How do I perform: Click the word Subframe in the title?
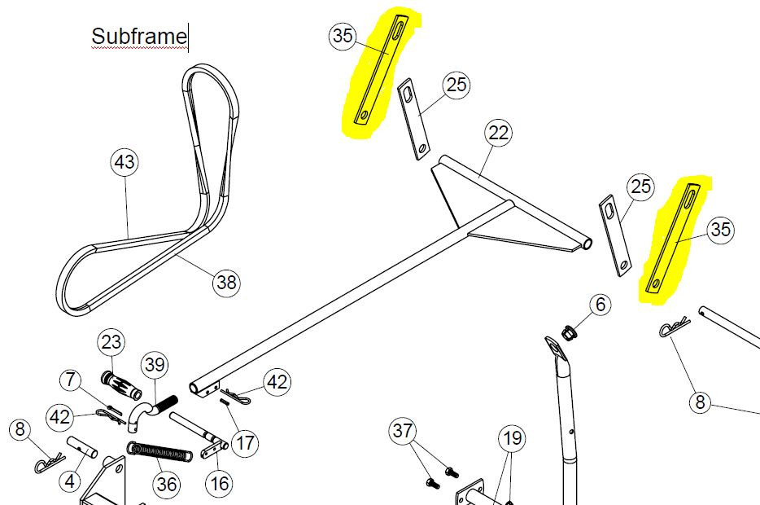pos(139,36)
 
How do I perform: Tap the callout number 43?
pos(125,162)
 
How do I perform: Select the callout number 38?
pos(226,282)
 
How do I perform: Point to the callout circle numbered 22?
pos(499,133)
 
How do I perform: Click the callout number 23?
pos(111,342)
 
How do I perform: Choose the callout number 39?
pos(155,365)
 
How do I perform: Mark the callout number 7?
pos(72,380)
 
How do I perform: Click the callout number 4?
pos(70,481)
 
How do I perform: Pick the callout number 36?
pos(167,484)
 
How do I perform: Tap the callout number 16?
pos(220,483)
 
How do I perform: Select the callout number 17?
pos(245,442)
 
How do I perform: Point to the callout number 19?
pos(513,438)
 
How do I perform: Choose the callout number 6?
pos(601,305)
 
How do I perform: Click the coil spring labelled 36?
pos(159,451)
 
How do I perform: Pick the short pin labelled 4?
pos(81,447)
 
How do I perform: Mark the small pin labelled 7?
pos(116,410)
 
